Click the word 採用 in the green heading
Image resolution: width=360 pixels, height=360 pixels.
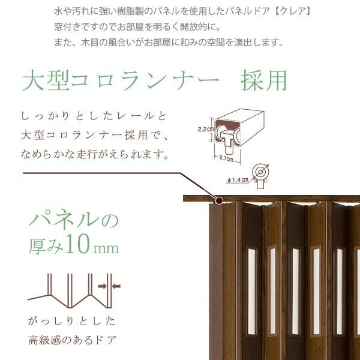(x=263, y=80)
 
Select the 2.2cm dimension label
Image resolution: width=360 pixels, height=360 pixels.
(x=204, y=128)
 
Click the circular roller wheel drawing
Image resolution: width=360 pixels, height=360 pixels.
(x=260, y=172)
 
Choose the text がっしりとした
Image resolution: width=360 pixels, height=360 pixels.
(x=71, y=320)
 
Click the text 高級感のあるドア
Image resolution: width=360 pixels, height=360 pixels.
(x=72, y=341)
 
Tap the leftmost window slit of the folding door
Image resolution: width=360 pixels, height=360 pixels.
(x=251, y=282)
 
